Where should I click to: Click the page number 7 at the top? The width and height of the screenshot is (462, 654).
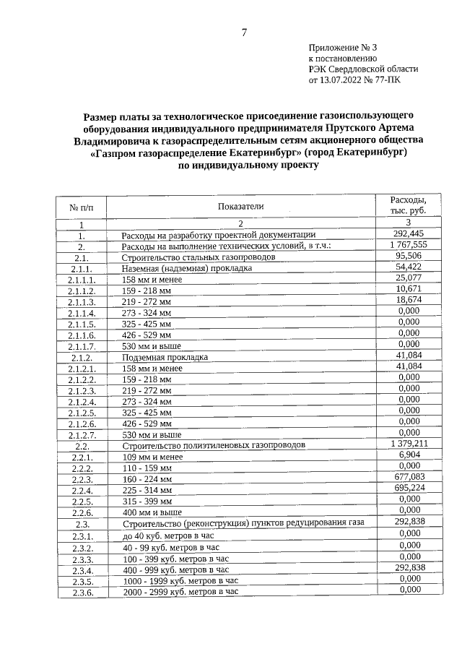(244, 33)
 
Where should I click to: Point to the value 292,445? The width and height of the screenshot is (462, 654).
(409, 233)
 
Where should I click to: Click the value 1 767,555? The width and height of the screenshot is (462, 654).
(409, 244)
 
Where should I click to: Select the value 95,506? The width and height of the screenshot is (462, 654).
(409, 256)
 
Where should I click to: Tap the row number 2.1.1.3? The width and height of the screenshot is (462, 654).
(82, 301)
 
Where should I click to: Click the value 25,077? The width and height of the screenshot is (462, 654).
(409, 278)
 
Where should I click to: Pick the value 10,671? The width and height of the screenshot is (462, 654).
(409, 289)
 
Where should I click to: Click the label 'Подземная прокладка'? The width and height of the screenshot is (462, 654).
(165, 357)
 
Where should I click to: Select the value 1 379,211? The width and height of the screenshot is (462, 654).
(409, 443)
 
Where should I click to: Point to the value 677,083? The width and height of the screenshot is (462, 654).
(409, 477)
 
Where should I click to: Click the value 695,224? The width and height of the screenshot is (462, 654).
(409, 489)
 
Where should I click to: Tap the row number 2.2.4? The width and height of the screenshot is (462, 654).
(82, 490)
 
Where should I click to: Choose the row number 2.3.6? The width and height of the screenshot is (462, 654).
(82, 592)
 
